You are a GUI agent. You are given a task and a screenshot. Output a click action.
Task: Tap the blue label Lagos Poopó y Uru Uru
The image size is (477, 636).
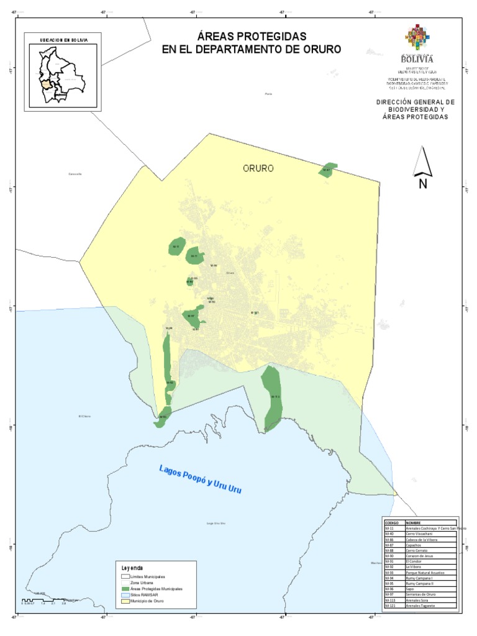coord(199,479)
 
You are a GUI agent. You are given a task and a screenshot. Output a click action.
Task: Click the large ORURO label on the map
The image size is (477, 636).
coord(258,168)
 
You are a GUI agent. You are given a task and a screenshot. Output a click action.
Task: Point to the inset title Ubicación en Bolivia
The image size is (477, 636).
coord(63,39)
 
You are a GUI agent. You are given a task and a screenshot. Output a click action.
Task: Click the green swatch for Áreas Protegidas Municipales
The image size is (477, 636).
coord(125,589)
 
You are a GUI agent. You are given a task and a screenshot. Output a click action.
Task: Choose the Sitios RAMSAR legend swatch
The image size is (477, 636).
coord(125,594)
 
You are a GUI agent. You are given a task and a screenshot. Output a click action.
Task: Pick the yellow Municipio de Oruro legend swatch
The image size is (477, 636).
coord(125,600)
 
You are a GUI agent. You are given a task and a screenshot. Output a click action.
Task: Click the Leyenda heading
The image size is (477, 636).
coord(132,568)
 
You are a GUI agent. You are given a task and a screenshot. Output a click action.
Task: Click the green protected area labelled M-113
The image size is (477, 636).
coord(272,397)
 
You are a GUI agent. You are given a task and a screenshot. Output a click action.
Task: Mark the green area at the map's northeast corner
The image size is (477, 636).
coord(327,170)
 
